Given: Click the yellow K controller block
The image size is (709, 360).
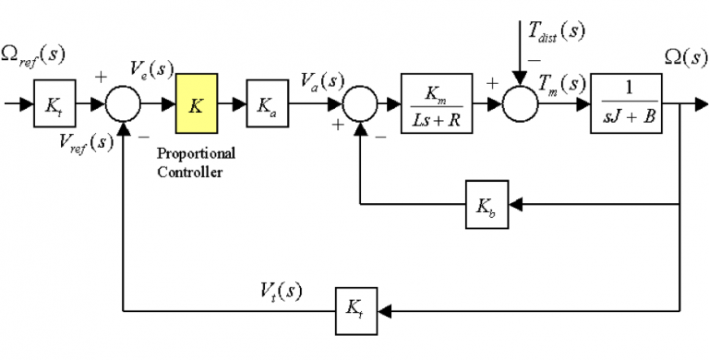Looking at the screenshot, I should point(197,103).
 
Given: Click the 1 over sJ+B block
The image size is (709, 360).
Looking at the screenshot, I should point(627,103).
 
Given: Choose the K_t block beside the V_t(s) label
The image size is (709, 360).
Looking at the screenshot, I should point(355,305).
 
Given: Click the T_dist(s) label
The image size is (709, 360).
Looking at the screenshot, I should point(557,30).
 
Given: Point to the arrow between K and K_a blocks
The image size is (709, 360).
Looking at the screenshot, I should point(232,103).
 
